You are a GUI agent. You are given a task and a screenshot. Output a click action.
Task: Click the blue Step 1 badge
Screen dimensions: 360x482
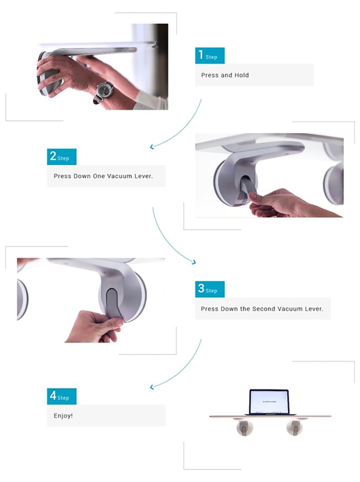click(210, 55)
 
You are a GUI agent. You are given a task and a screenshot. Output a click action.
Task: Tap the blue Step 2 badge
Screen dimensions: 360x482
click(61, 157)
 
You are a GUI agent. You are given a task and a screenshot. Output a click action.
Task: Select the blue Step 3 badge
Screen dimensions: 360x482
click(210, 289)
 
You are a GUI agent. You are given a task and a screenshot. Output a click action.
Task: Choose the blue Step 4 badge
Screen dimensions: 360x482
click(61, 396)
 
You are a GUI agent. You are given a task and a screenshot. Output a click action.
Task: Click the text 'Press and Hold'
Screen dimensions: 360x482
click(225, 75)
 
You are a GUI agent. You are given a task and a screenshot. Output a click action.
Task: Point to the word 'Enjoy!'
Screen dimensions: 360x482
click(63, 416)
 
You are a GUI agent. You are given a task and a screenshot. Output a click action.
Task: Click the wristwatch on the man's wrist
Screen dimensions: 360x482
click(103, 91)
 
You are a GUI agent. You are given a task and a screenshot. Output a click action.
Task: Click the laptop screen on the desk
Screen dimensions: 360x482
click(269, 402)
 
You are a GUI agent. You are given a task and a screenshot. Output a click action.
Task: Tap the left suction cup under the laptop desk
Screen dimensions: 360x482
click(245, 428)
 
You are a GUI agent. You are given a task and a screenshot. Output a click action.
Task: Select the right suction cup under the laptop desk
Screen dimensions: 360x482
click(294, 428)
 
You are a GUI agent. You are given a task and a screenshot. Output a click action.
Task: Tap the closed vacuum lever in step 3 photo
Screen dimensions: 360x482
click(113, 304)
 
